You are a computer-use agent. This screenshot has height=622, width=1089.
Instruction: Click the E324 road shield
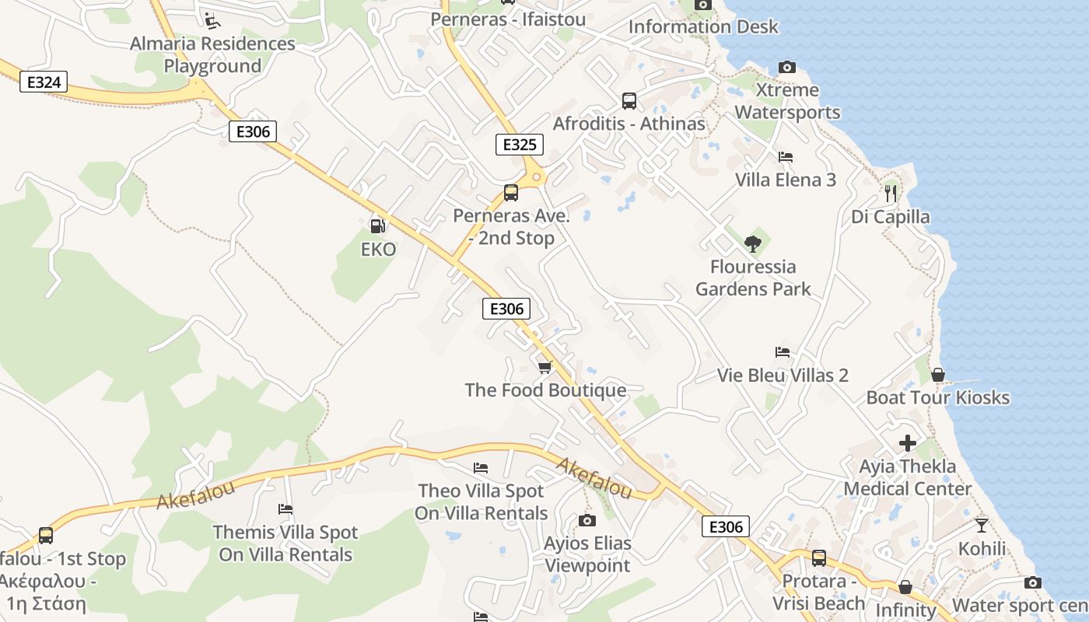click(44, 82)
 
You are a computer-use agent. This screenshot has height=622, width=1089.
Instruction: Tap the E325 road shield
click(519, 144)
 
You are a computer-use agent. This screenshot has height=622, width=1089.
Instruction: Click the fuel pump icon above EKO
click(378, 226)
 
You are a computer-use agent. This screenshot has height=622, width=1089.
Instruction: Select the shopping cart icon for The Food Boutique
click(544, 366)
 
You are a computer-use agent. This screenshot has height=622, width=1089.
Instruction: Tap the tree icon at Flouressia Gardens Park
click(752, 243)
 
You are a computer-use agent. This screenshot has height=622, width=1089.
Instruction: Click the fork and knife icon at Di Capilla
click(891, 192)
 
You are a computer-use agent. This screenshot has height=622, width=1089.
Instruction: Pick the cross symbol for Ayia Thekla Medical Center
click(908, 443)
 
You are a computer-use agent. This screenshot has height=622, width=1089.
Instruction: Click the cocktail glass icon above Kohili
click(982, 525)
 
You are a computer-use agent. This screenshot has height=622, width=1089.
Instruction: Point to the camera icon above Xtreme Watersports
click(787, 67)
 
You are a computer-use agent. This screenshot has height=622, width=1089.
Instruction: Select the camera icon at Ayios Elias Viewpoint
click(587, 520)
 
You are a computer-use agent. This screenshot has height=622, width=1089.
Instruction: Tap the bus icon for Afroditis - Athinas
click(629, 100)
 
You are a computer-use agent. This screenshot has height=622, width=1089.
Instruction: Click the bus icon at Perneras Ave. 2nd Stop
click(511, 192)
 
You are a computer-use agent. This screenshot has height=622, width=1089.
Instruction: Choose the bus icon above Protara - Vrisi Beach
click(819, 557)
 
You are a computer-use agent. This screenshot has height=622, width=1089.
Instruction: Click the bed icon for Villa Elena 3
click(786, 156)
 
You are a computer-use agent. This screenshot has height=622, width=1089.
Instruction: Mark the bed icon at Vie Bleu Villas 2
click(783, 352)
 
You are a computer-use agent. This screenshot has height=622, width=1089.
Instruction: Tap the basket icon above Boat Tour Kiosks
click(938, 375)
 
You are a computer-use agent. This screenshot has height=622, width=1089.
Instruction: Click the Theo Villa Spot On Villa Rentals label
click(481, 501)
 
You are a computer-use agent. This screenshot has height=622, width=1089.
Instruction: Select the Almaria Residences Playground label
click(212, 54)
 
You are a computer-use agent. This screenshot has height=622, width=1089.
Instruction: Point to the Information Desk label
click(703, 26)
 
